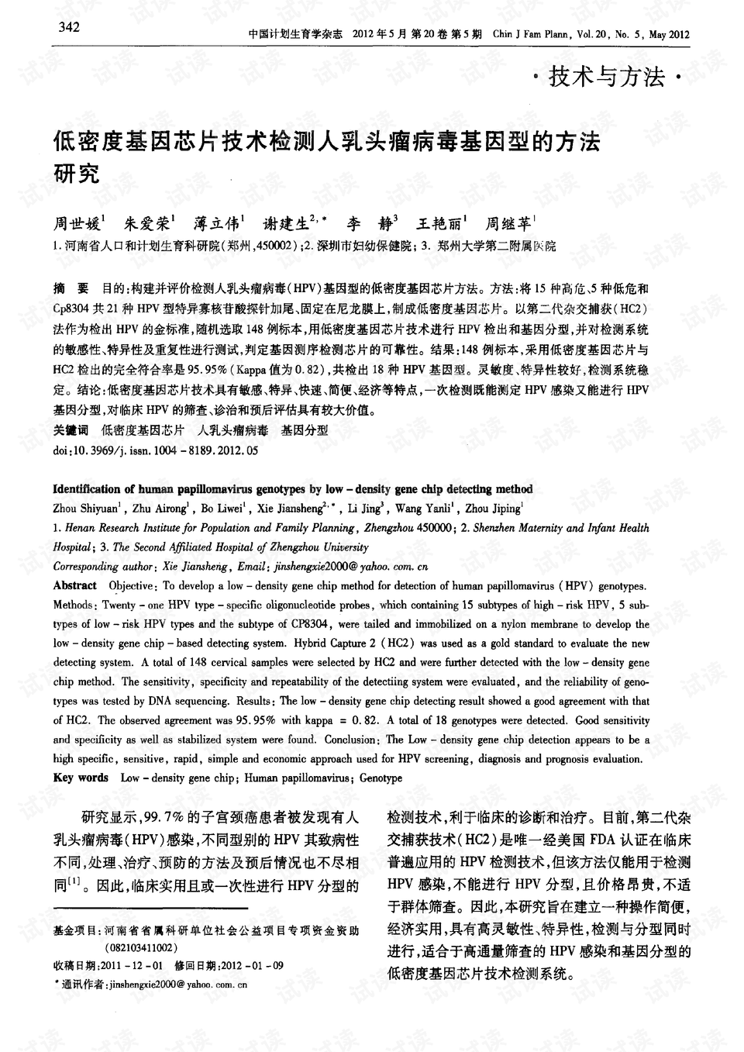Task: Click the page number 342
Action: coord(69,29)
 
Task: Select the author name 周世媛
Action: coord(77,224)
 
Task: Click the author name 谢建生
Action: coord(286,224)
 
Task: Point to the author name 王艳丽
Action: coord(439,224)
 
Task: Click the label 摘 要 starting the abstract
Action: coord(71,288)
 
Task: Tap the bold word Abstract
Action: coord(74,586)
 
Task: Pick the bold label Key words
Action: coord(81,778)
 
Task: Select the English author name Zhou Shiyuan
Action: coord(84,509)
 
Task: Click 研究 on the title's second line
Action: coord(76,174)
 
